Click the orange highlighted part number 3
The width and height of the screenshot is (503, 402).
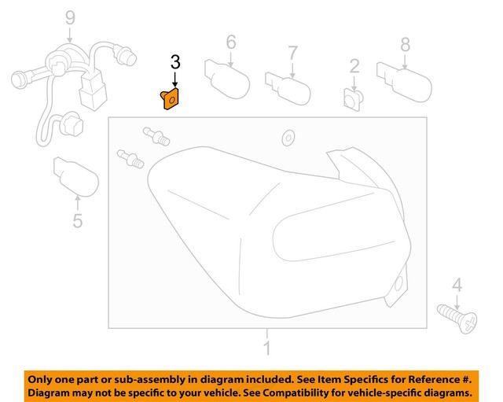pyautogui.click(x=171, y=101)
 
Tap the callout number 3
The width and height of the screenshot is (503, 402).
pyautogui.click(x=175, y=61)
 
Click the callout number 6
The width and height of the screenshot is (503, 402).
pyautogui.click(x=231, y=41)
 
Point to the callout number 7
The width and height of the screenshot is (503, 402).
pyautogui.click(x=292, y=53)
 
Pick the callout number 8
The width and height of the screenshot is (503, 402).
pyautogui.click(x=406, y=43)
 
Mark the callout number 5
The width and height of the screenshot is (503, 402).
pyautogui.click(x=77, y=221)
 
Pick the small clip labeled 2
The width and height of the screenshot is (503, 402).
pyautogui.click(x=354, y=99)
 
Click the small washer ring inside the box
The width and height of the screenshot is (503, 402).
pyautogui.click(x=288, y=138)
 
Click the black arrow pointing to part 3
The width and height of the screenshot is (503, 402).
pyautogui.click(x=175, y=79)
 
